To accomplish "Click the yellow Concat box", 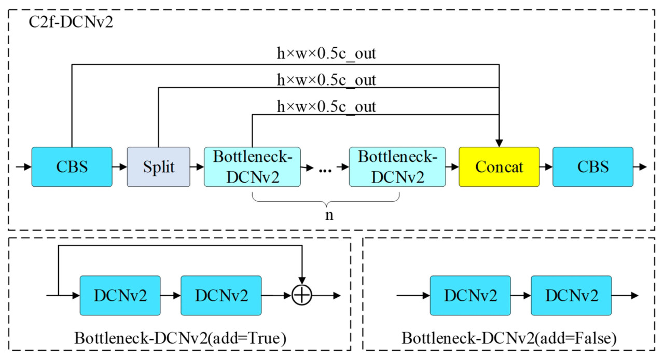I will [499, 167].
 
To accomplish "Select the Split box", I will [158, 167].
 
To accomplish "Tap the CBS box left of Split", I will [72, 167].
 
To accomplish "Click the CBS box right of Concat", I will [593, 167].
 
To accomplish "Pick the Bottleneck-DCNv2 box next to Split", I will [253, 167].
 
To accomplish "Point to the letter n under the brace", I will [328, 215].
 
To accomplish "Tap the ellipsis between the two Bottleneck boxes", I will [325, 168].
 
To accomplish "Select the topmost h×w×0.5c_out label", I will [326, 53].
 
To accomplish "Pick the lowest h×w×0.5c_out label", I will [326, 107].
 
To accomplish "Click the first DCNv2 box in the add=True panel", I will [120, 296].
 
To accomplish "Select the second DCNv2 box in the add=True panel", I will [221, 296].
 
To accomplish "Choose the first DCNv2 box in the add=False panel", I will [471, 296].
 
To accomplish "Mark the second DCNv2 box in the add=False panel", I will [571, 296].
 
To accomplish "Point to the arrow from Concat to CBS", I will [546, 167].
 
